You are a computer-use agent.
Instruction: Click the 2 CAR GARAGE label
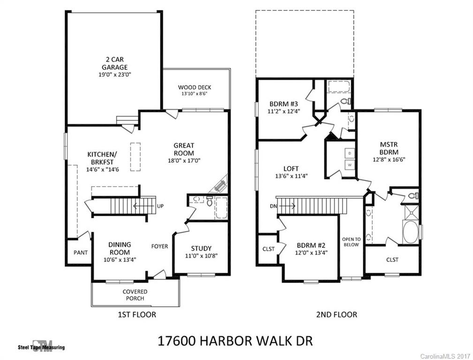[114, 63]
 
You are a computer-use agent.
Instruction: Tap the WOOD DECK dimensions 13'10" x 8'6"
[194, 94]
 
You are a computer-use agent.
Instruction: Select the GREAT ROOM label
[184, 149]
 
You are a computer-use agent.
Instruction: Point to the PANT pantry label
[81, 253]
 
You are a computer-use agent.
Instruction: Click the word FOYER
[159, 246]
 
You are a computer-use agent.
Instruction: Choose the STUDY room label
[201, 248]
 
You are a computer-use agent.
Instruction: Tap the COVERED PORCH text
[135, 295]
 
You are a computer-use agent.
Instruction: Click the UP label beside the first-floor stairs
[160, 206]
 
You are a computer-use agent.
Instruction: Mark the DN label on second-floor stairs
[274, 206]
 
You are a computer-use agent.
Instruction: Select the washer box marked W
[349, 165]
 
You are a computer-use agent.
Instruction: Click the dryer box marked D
[349, 153]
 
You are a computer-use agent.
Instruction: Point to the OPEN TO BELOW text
[351, 242]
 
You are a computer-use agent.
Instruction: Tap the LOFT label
[291, 169]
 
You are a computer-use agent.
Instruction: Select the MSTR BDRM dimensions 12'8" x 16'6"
[389, 159]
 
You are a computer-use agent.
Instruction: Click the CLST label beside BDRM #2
[269, 249]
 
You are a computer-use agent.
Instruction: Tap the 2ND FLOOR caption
[336, 315]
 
